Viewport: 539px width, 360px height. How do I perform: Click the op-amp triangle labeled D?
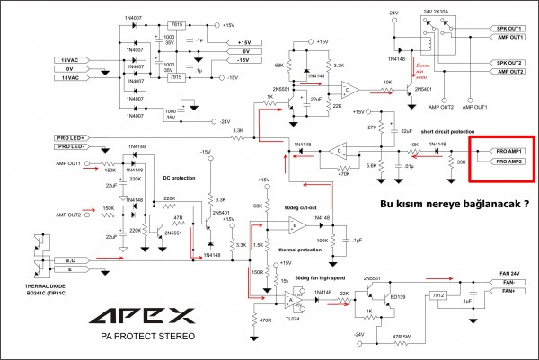coord(349,89)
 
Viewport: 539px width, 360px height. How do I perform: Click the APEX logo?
coord(146,315)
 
